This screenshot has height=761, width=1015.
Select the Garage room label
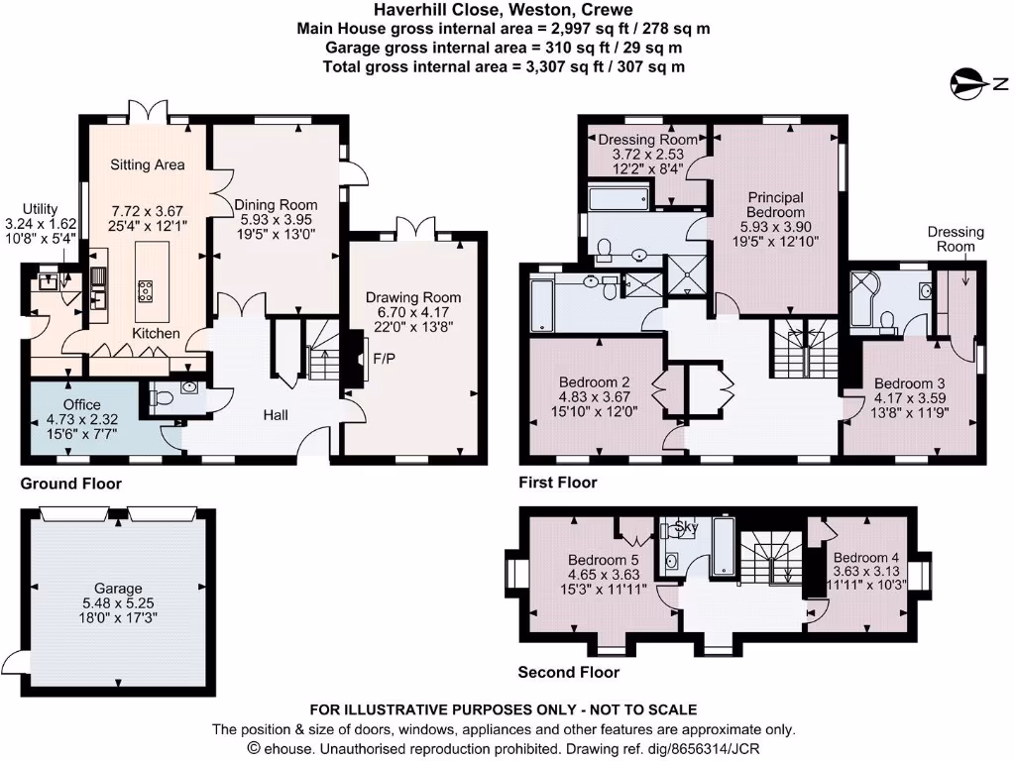click(x=119, y=588)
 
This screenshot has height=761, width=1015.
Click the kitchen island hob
click(x=144, y=290)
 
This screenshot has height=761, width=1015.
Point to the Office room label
click(x=81, y=405)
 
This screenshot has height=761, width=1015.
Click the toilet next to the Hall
click(x=166, y=397)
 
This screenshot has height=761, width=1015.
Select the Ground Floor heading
click(x=71, y=485)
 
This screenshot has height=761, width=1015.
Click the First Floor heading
click(x=558, y=483)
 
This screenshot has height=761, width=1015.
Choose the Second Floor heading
click(x=569, y=672)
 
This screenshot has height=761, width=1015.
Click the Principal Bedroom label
click(x=775, y=205)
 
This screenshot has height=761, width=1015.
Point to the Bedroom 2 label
click(x=595, y=382)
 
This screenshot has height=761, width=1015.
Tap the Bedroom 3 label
click(x=908, y=383)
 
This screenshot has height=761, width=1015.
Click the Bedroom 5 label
click(x=602, y=560)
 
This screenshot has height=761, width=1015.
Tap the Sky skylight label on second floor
click(x=686, y=525)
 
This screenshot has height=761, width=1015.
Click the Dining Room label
click(x=276, y=205)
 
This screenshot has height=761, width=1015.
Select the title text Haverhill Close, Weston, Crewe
click(x=506, y=11)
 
